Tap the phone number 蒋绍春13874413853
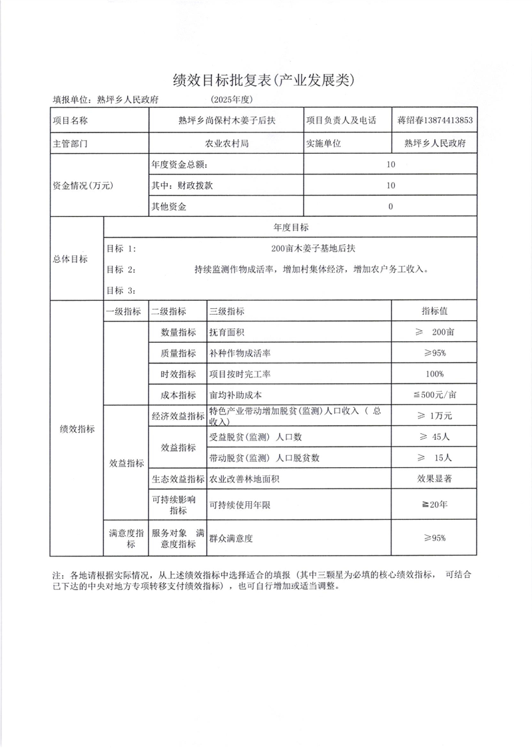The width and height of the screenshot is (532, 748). coord(435,120)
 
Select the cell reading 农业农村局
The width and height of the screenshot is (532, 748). coord(226,143)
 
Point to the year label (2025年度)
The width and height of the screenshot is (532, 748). coord(231,100)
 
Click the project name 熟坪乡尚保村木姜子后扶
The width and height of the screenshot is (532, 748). coord(226,120)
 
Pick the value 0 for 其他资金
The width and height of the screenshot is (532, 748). coord(390,206)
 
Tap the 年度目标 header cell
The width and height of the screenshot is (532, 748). coord(291,228)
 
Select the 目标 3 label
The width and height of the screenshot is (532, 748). coord(121,290)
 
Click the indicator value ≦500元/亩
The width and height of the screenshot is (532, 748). coord(434,395)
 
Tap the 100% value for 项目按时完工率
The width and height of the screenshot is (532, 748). coord(434,373)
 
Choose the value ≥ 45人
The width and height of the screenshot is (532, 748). coord(434,437)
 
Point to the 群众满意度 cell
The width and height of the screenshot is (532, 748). coord(232,538)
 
